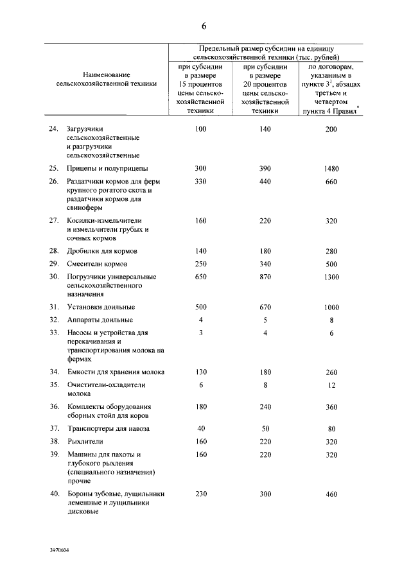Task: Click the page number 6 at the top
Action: [204, 26]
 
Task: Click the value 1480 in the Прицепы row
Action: [331, 169]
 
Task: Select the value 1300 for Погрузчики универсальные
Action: [331, 276]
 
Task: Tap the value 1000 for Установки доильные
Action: [331, 308]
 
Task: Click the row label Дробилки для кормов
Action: [103, 250]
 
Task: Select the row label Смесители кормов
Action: [98, 264]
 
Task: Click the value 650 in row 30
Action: [201, 276]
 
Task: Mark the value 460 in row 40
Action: [331, 494]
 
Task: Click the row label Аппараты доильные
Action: [100, 320]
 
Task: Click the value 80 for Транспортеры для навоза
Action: [331, 428]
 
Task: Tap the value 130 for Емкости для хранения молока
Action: [201, 372]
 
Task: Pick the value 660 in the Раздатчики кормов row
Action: [331, 182]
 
